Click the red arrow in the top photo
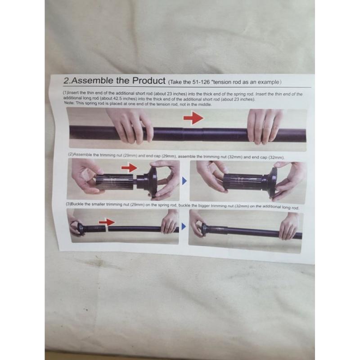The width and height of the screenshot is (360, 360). [193, 118]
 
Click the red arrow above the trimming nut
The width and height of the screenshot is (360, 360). [129, 168]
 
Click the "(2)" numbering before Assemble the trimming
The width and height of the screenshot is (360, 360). [71, 154]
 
